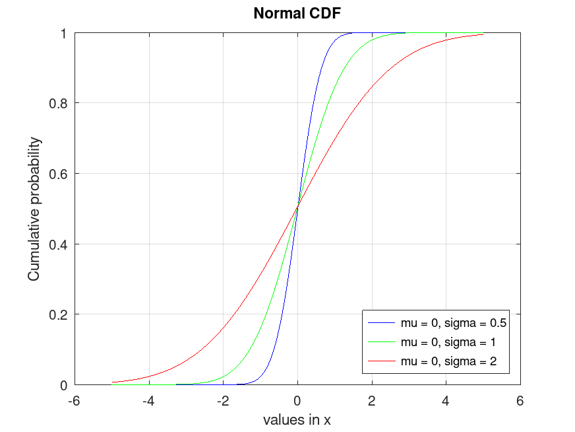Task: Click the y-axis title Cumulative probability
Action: click(x=34, y=209)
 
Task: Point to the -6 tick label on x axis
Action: click(x=75, y=400)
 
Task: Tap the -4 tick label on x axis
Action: click(x=149, y=400)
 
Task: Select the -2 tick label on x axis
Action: click(x=223, y=400)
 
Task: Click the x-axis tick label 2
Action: click(x=372, y=400)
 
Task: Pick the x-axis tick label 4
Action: click(x=446, y=400)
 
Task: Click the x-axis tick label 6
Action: click(x=520, y=400)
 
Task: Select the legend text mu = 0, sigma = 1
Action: click(x=448, y=342)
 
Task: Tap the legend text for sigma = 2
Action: click(x=448, y=361)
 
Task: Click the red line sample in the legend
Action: click(x=382, y=361)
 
